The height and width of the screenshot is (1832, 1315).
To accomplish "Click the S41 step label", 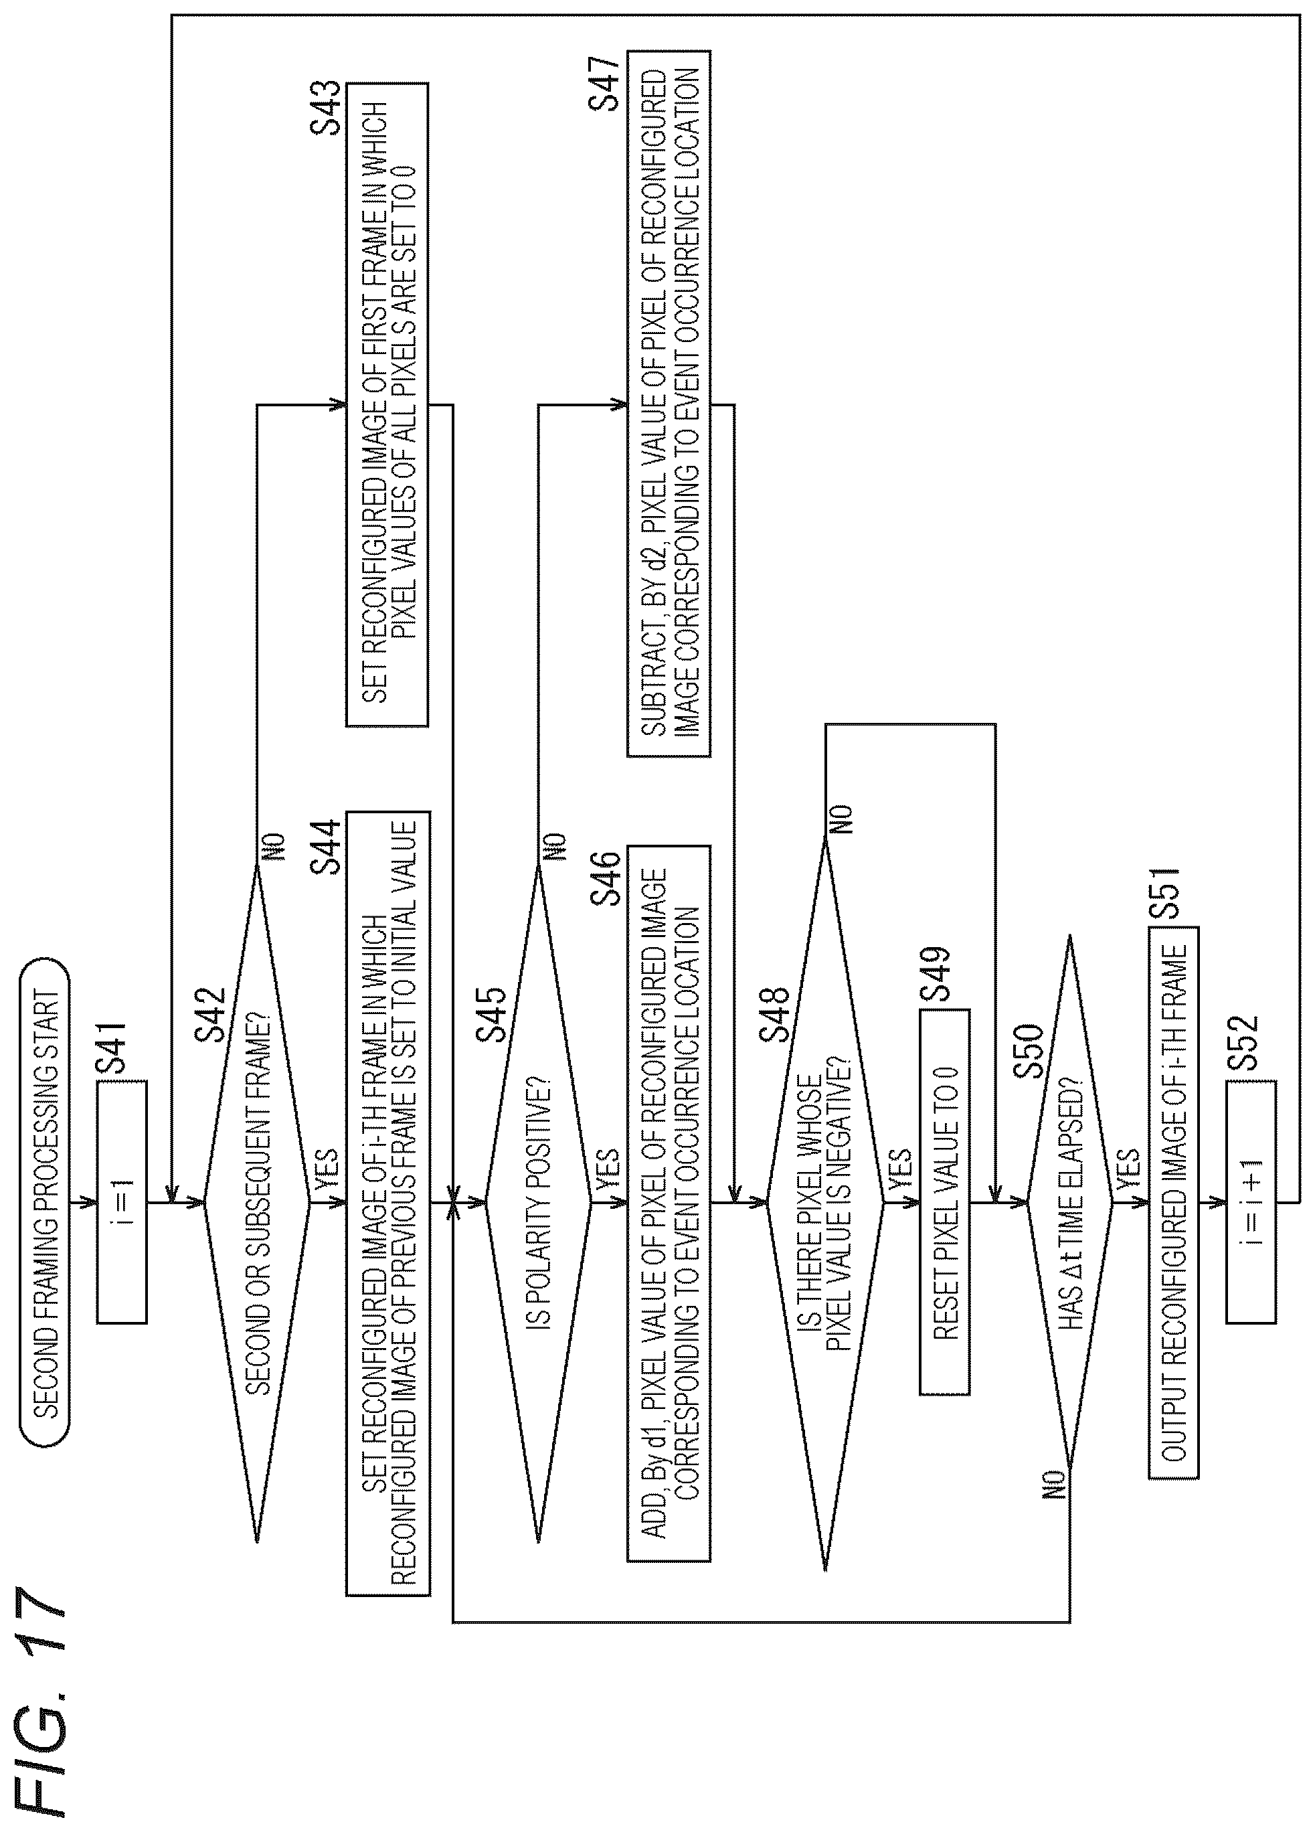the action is (112, 1047).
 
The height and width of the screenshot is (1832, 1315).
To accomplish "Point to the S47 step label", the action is (604, 81).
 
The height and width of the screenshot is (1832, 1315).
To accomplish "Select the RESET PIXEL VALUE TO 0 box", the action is (944, 1202).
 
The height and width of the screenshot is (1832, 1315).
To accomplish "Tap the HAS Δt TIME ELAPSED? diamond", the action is (1069, 1203).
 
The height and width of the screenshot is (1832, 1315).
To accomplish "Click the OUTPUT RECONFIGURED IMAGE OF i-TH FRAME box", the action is (1173, 1203).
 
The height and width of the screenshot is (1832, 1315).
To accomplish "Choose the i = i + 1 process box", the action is (1250, 1203).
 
